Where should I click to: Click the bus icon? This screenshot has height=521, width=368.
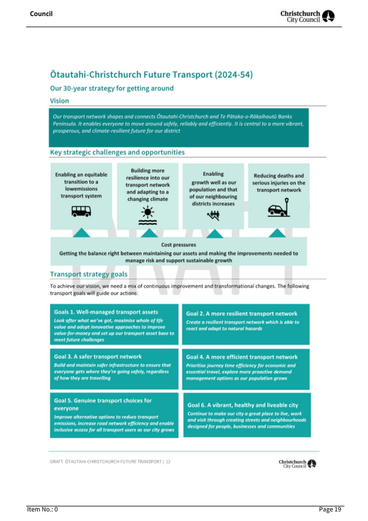(x=81, y=211)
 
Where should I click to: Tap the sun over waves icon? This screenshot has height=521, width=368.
(x=148, y=215)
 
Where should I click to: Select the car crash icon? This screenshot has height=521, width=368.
(x=279, y=208)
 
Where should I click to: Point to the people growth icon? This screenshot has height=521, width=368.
(x=213, y=216)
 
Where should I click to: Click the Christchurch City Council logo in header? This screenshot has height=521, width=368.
(x=307, y=16)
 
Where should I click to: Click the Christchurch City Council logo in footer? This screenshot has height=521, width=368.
(x=297, y=463)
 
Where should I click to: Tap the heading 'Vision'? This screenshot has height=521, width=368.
(x=59, y=101)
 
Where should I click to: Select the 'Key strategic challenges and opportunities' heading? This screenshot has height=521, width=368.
(x=117, y=152)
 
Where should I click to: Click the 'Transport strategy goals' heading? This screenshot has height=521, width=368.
(x=89, y=274)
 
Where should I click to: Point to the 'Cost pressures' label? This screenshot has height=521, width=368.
(x=179, y=245)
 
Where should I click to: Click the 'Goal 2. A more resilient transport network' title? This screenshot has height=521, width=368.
(x=241, y=313)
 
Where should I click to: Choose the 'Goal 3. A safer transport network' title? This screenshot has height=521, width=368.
(x=98, y=356)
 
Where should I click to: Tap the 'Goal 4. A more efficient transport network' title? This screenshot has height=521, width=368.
(x=242, y=357)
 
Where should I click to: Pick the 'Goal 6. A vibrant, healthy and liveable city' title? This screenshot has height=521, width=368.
(x=243, y=405)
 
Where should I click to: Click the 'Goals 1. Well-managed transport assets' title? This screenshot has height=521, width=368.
(x=106, y=312)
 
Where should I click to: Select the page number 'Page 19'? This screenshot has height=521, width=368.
(x=330, y=509)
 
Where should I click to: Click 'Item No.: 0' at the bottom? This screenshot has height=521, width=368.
(x=42, y=509)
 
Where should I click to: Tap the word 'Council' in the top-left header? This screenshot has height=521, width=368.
(x=41, y=14)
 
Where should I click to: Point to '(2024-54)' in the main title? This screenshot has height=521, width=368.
(x=233, y=75)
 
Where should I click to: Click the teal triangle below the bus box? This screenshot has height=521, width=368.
(x=81, y=233)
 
